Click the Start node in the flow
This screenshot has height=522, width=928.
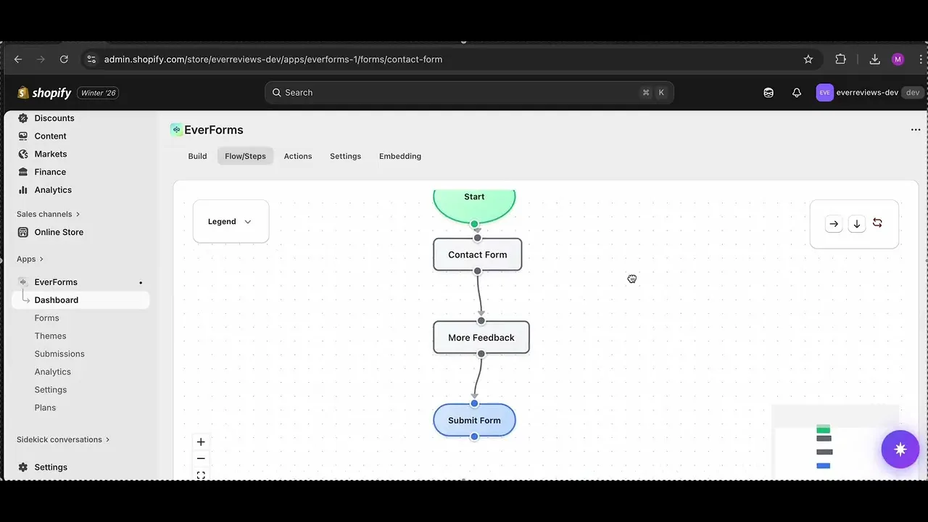pyautogui.click(x=474, y=205)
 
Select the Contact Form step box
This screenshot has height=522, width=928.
pyautogui.click(x=477, y=254)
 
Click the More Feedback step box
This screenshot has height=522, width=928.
pyautogui.click(x=481, y=337)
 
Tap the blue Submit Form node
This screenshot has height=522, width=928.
pyautogui.click(x=474, y=420)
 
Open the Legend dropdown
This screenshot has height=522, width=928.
pyautogui.click(x=231, y=222)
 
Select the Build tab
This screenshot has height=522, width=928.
pyautogui.click(x=197, y=156)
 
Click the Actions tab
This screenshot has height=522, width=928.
pyautogui.click(x=298, y=156)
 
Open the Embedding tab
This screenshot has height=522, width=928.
pyautogui.click(x=399, y=156)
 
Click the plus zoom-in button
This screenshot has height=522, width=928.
pyautogui.click(x=201, y=442)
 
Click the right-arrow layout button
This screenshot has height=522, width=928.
pyautogui.click(x=834, y=224)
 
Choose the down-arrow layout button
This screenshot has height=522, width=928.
pyautogui.click(x=857, y=224)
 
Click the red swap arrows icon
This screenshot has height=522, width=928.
pyautogui.click(x=877, y=223)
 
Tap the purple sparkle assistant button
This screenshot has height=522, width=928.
pyautogui.click(x=900, y=449)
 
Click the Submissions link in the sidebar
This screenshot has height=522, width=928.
pyautogui.click(x=59, y=354)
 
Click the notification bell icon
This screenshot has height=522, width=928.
pyautogui.click(x=796, y=93)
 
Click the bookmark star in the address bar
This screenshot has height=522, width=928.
pyautogui.click(x=808, y=59)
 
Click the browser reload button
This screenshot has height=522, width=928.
pyautogui.click(x=64, y=59)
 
